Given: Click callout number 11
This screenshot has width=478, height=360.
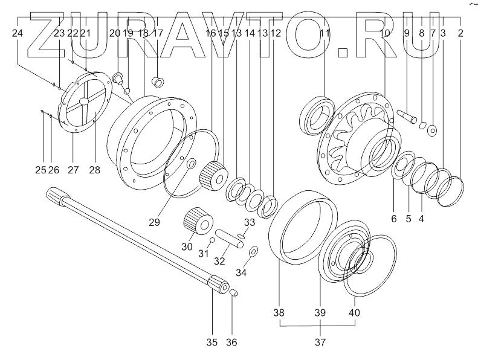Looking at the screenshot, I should (x=325, y=34).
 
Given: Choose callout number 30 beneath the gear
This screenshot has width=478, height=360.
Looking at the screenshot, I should (x=187, y=246).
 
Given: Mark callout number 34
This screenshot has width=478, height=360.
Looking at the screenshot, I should (x=241, y=272).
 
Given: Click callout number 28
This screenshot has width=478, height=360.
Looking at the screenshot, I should (x=94, y=170).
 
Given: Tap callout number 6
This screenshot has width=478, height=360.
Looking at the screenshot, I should (x=393, y=219).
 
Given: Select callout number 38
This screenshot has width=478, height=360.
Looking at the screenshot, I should (x=279, y=313).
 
